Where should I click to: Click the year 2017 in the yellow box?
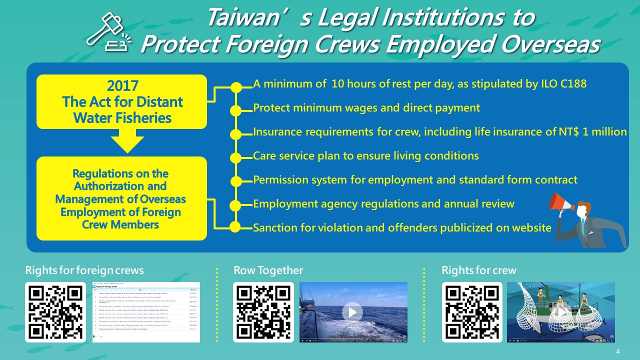click(x=122, y=86)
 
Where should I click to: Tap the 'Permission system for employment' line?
click(x=415, y=180)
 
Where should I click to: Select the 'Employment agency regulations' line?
click(x=383, y=204)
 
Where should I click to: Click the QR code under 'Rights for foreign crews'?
click(x=55, y=312)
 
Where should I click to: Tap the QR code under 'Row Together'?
click(x=263, y=312)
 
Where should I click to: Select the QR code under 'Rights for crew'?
click(x=472, y=312)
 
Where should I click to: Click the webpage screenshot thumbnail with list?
click(x=146, y=312)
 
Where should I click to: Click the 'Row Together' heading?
click(x=268, y=270)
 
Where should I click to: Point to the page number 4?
click(x=618, y=351)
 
